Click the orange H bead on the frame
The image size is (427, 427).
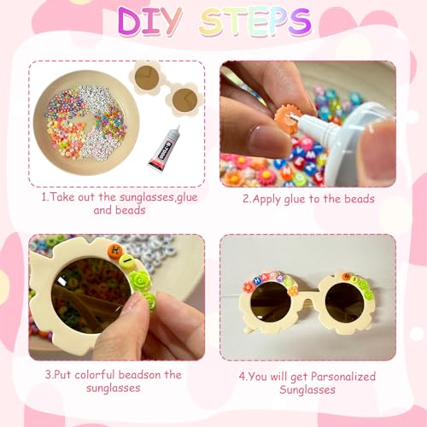click(114, 250)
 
